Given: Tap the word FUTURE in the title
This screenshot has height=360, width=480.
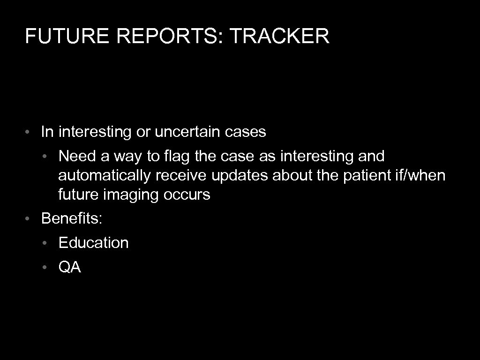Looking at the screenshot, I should tap(57, 36).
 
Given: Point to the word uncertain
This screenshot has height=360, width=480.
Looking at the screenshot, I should tap(187, 132).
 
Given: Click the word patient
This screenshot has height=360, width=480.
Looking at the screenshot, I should tap(356, 175).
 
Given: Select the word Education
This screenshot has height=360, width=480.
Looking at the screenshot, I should tap(93, 243).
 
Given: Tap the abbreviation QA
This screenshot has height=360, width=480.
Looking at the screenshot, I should tap(69, 267).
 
